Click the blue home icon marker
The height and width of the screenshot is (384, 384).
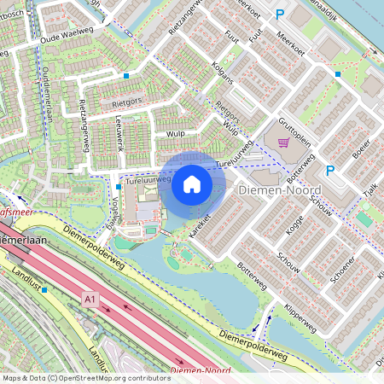point(192,184)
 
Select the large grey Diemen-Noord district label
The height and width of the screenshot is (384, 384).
point(280,190)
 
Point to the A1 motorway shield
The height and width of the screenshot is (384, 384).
point(90,298)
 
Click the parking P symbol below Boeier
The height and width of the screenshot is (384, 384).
point(329,170)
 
